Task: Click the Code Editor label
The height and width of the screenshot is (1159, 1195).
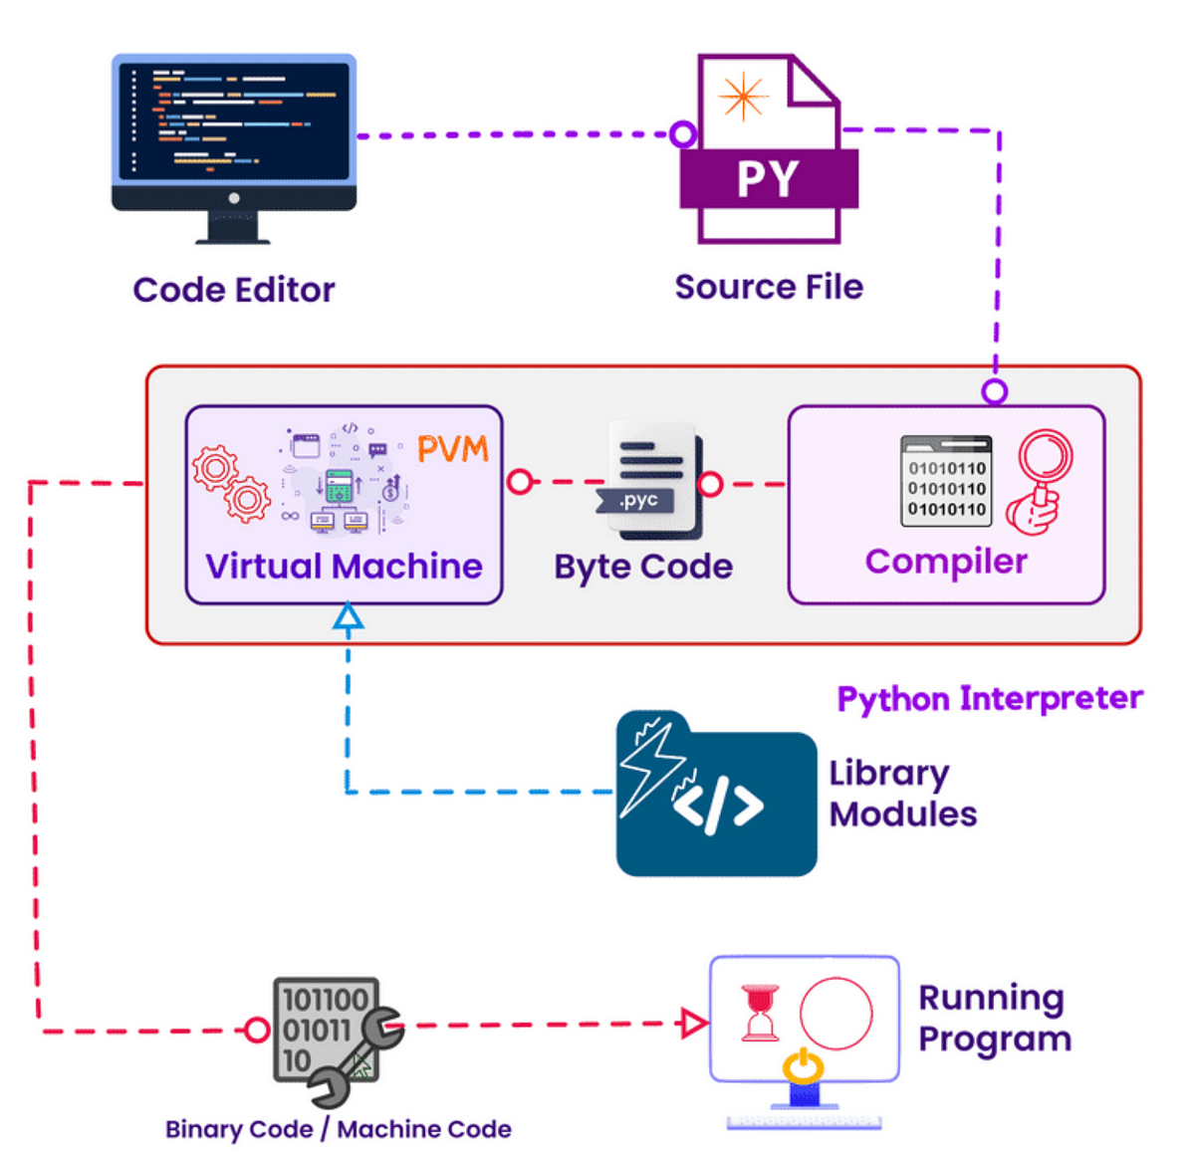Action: (234, 290)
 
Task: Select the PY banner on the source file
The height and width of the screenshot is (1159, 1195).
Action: (768, 179)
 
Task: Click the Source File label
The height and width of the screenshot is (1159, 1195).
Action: (769, 287)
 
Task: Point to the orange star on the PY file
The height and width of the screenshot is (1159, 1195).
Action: (743, 98)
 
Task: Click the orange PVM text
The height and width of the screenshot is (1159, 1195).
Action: (453, 449)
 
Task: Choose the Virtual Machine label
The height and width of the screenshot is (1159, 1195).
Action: (344, 567)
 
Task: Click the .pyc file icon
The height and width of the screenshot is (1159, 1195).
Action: (651, 482)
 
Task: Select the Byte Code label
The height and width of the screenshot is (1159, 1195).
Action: (643, 567)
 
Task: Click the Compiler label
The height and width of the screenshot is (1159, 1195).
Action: (946, 562)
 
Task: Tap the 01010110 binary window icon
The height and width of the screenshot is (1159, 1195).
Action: (946, 481)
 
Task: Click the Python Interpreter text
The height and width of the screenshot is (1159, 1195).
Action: (989, 698)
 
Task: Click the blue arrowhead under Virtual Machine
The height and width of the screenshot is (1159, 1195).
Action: (348, 617)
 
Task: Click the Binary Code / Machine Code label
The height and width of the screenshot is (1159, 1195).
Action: (339, 1129)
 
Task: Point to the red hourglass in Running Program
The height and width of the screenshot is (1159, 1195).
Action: (761, 1014)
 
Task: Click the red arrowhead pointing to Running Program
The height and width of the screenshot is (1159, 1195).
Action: (692, 1023)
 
